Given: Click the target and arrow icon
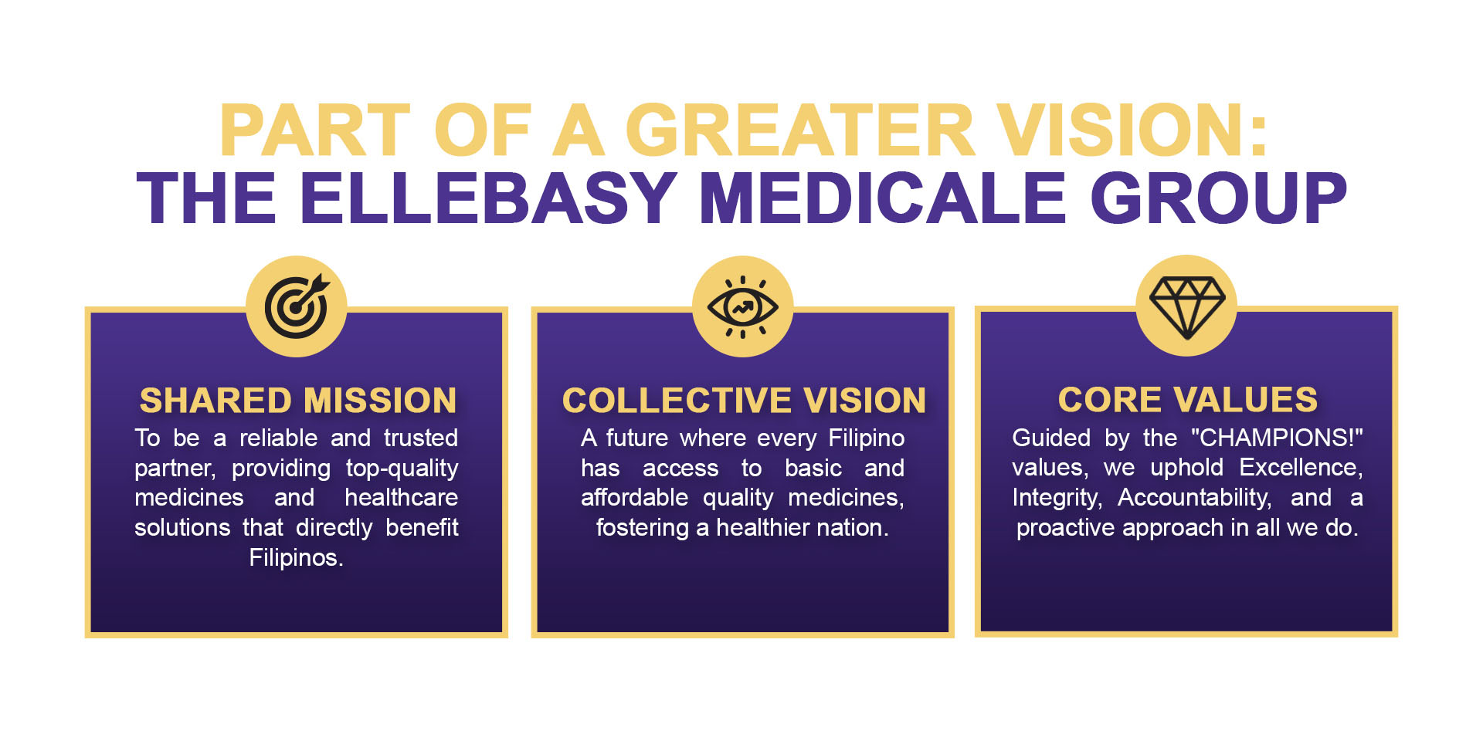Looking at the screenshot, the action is pyautogui.click(x=297, y=306).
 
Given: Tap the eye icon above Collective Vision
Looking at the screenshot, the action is pyautogui.click(x=742, y=306).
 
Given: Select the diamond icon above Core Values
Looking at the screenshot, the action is pyautogui.click(x=1187, y=307).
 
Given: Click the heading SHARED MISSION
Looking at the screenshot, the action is pyautogui.click(x=297, y=400).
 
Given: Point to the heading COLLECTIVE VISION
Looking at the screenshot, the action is pyautogui.click(x=744, y=400).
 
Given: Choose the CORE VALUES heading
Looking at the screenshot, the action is pyautogui.click(x=1187, y=399).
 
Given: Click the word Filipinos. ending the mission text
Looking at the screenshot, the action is pyautogui.click(x=296, y=557).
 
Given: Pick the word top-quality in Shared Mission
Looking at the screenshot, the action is pyautogui.click(x=402, y=469).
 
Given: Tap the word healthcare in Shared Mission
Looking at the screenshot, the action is pyautogui.click(x=402, y=497).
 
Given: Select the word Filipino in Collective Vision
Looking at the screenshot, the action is pyautogui.click(x=866, y=438).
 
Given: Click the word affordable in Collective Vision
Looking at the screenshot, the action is pyautogui.click(x=634, y=497).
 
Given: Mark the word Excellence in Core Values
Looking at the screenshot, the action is pyautogui.click(x=1301, y=468).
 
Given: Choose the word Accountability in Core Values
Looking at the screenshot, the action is pyautogui.click(x=1194, y=498).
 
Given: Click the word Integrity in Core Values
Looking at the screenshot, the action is pyautogui.click(x=1057, y=498).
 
